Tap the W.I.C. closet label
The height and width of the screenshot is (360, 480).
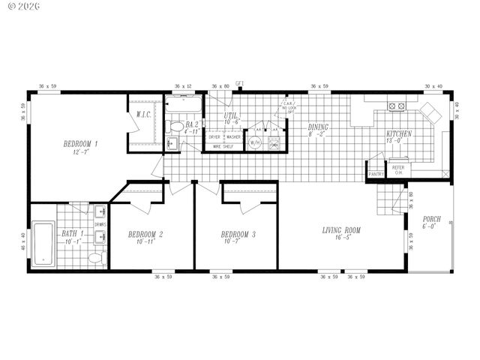[144, 115]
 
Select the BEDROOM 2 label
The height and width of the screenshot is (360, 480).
[145, 235]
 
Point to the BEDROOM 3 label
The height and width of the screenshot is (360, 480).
[238, 235]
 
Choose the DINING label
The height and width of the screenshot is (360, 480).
[318, 127]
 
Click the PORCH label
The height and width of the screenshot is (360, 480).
[431, 220]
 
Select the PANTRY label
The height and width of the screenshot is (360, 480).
[376, 175]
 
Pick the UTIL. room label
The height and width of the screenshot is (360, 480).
[232, 117]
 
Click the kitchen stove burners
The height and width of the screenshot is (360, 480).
[395, 106]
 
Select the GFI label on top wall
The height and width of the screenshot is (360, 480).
[240, 82]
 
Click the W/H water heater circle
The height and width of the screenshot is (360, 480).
[254, 142]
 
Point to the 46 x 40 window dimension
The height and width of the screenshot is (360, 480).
[22, 241]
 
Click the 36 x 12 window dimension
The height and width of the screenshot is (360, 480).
[183, 86]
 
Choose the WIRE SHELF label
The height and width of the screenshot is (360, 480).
[223, 147]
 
